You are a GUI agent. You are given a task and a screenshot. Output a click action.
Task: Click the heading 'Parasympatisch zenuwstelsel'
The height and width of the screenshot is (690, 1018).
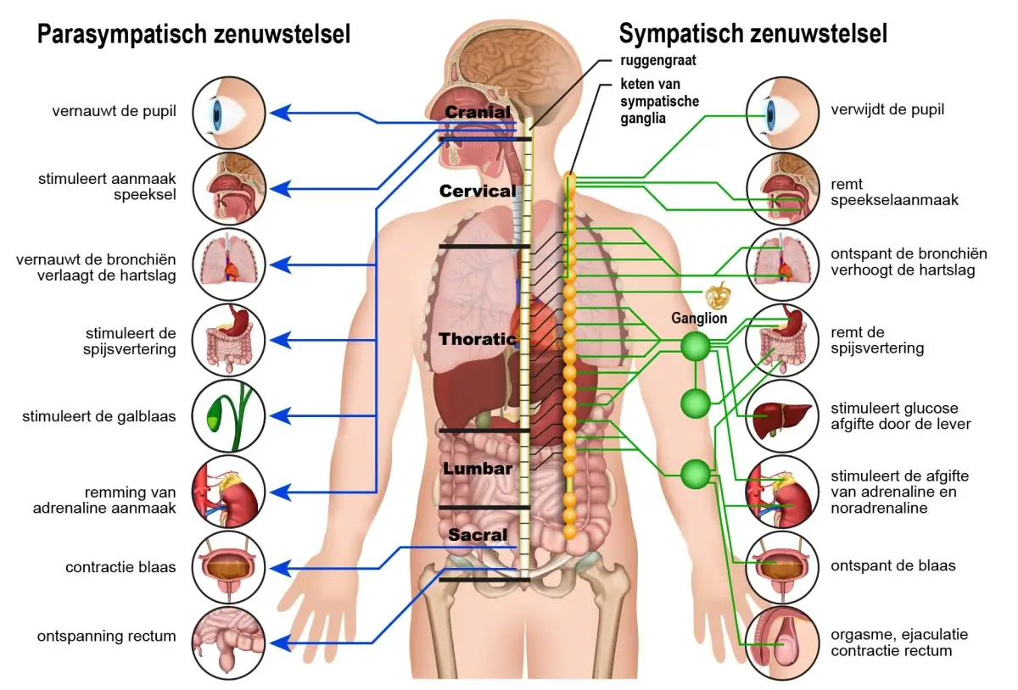pyautogui.click(x=193, y=35)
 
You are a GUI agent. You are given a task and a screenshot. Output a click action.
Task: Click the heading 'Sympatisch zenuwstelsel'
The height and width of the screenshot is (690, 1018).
pyautogui.click(x=752, y=34)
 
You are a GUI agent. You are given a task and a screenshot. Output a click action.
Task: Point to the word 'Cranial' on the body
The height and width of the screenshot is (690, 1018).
pyautogui.click(x=478, y=112)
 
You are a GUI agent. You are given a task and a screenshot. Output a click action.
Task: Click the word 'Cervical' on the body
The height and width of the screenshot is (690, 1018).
pyautogui.click(x=478, y=191)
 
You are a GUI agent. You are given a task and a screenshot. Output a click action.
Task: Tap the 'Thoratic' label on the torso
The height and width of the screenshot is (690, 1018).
pyautogui.click(x=478, y=340)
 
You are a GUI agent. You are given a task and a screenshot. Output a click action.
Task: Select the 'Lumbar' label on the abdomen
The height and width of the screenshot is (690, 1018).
pyautogui.click(x=478, y=469)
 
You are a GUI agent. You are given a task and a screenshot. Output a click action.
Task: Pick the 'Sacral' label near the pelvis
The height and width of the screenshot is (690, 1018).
pyautogui.click(x=478, y=535)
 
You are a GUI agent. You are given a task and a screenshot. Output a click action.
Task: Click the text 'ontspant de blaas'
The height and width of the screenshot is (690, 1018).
pyautogui.click(x=893, y=565)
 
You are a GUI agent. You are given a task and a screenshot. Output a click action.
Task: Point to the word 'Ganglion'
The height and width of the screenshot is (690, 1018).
pyautogui.click(x=699, y=319)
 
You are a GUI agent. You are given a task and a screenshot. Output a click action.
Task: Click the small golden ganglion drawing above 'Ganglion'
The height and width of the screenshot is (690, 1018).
pyautogui.click(x=718, y=295)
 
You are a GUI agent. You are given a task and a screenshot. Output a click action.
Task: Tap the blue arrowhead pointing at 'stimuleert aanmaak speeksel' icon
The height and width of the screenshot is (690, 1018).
pyautogui.click(x=288, y=187)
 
